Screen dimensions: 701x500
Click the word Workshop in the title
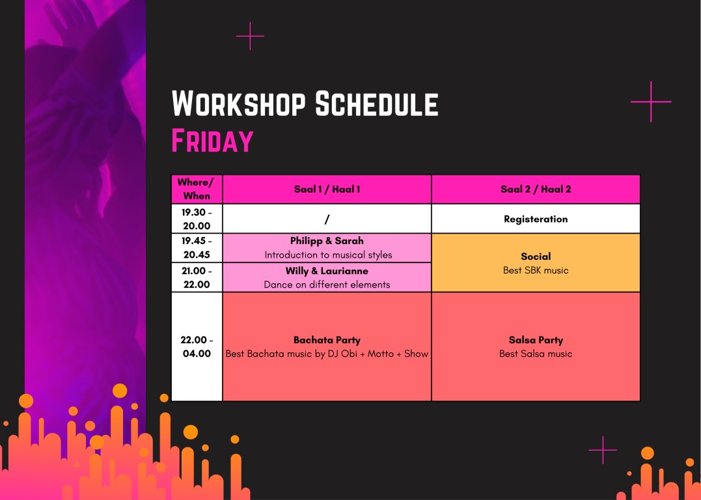239,104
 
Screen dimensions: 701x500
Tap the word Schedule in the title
377,104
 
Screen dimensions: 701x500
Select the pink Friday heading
212,141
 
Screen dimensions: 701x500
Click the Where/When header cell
197,189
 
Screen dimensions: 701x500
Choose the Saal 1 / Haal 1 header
327,189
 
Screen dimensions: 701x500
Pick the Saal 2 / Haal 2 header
536,189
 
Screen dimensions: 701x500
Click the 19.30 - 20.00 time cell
197,219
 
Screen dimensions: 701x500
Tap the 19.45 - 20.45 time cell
197,248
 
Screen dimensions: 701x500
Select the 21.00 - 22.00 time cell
197,277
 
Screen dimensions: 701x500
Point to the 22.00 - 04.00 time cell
197,346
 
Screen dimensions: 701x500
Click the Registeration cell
536,219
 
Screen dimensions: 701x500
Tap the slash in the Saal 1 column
327,219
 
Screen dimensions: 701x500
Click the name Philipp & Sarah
327,241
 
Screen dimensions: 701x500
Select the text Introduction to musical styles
328,255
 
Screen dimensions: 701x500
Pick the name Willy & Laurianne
327,271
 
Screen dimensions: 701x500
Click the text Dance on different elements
327,285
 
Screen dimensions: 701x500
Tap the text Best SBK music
536,270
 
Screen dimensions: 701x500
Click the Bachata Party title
327,340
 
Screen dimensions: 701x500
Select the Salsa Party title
536,340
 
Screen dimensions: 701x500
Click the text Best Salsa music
536,354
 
